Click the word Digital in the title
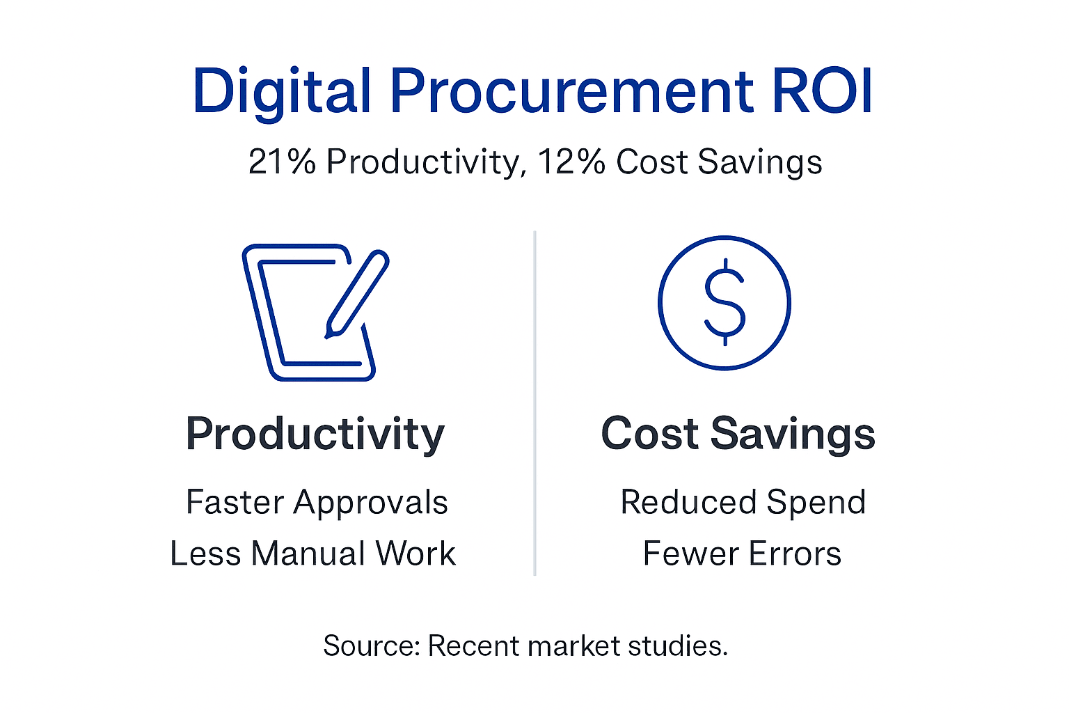click(281, 92)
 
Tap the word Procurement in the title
click(571, 92)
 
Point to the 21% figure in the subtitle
click(282, 162)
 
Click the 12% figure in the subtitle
click(571, 162)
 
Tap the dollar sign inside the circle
click(724, 302)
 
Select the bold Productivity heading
click(315, 434)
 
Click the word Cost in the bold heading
click(649, 434)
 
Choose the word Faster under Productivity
click(235, 502)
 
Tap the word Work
click(415, 554)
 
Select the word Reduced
click(688, 502)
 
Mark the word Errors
click(795, 554)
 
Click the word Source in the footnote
click(371, 646)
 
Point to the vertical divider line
click(534, 404)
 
